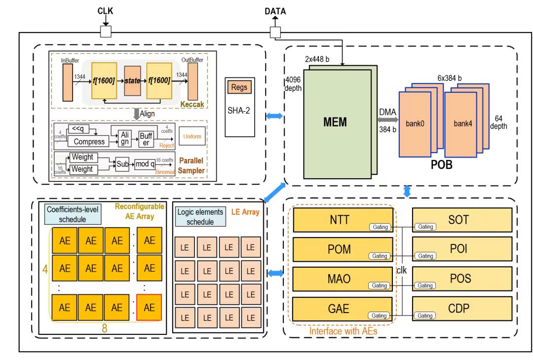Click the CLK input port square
point(105,32)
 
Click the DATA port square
point(275,32)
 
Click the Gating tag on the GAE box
point(380,316)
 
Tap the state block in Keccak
point(132,80)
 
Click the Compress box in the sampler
point(89,141)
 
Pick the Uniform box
point(192,136)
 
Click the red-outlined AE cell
point(149,307)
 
